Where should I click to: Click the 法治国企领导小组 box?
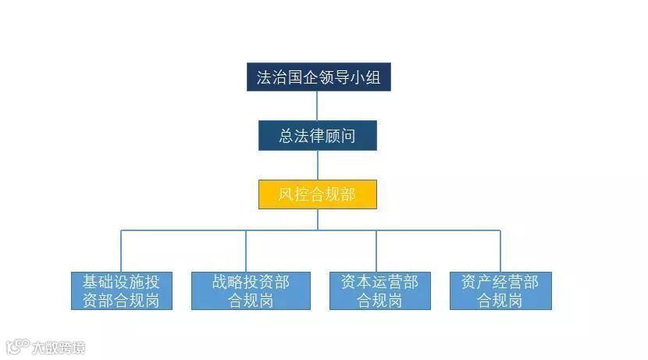click(x=319, y=77)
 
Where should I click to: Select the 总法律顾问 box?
click(x=318, y=136)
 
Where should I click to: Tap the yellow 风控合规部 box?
click(x=318, y=194)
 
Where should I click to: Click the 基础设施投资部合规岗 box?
click(x=121, y=290)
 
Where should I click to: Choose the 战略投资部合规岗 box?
click(x=251, y=290)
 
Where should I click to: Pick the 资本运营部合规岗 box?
click(x=379, y=290)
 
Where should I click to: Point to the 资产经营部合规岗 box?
click(x=500, y=290)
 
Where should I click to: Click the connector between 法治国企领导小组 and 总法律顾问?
click(x=318, y=106)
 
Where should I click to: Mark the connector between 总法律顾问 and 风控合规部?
click(x=318, y=165)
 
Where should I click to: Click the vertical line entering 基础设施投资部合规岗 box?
click(x=121, y=251)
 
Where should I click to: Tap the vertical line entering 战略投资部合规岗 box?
click(x=246, y=251)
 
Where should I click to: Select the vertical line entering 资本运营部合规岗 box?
click(x=376, y=251)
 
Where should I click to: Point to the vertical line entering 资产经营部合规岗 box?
click(x=500, y=251)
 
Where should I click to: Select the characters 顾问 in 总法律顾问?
click(x=340, y=136)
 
